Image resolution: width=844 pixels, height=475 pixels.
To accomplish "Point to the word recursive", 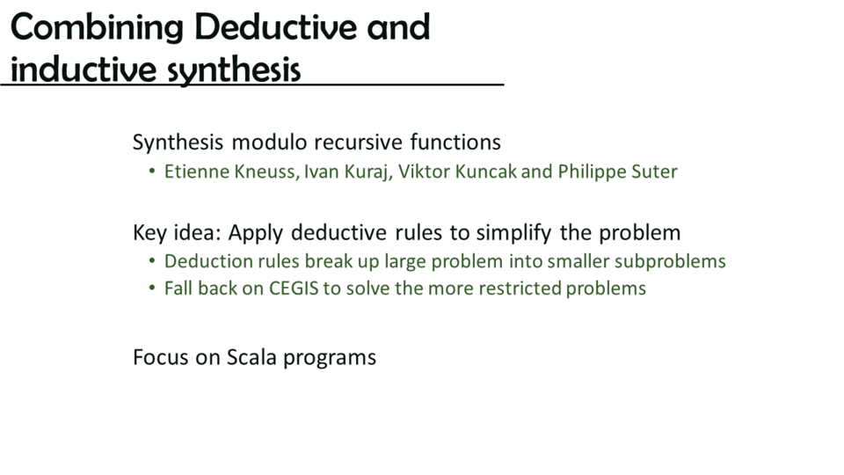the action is click(359, 142).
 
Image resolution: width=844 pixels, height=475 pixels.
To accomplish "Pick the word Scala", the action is click(252, 357).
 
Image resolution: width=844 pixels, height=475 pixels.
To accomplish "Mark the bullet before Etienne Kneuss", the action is click(152, 172).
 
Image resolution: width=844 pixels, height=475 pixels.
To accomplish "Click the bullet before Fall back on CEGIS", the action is click(152, 289).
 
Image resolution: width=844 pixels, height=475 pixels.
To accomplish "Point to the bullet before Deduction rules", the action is click(152, 261).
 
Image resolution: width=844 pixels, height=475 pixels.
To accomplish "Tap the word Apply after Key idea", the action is click(256, 233).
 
